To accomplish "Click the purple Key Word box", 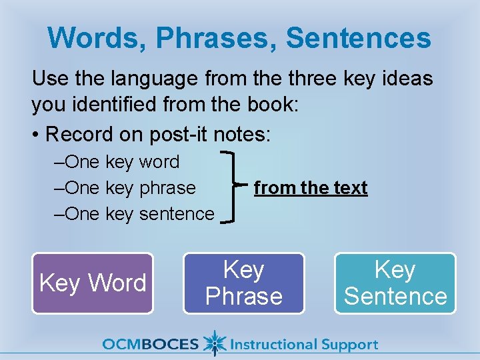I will tap(93, 283).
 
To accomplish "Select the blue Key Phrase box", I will tap(243, 283).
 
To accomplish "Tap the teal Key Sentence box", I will tap(395, 283).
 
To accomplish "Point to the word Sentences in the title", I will tap(358, 38).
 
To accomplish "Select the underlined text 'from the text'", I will tap(311, 188).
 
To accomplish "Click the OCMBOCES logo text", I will tap(150, 345).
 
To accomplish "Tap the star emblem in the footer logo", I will tap(214, 343).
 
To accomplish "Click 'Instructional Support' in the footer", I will tap(304, 345).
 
